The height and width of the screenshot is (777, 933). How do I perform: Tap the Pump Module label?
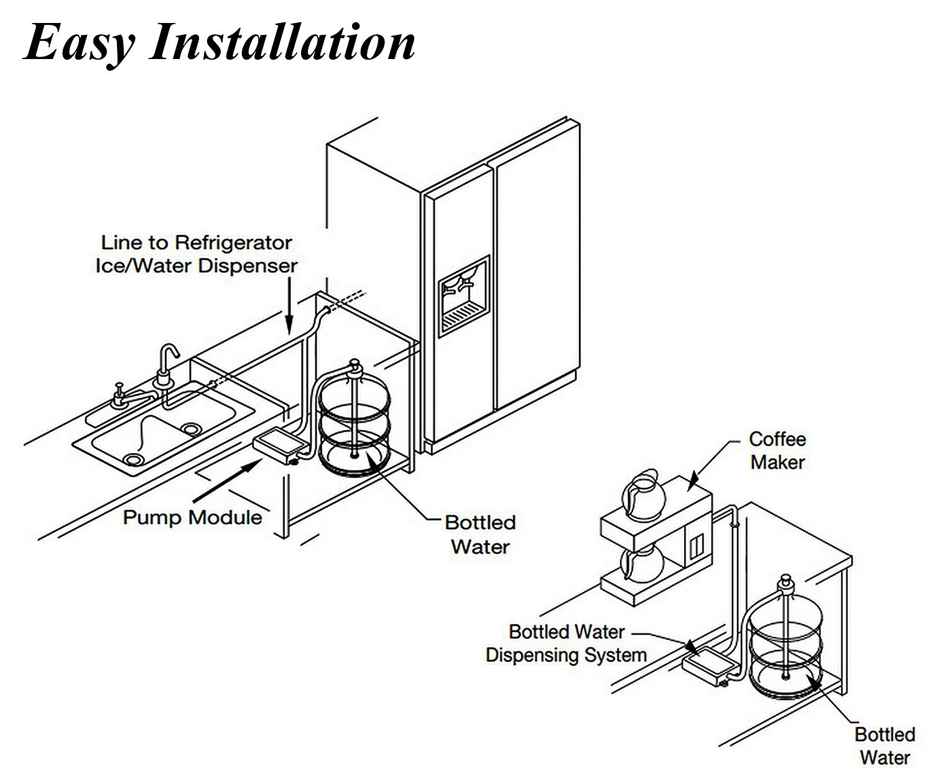coord(192,517)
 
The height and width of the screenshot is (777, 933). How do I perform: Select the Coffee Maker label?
coord(777,451)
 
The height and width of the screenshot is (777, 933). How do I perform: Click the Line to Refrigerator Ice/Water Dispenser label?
coord(197,254)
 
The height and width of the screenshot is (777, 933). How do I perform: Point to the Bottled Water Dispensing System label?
coord(566,643)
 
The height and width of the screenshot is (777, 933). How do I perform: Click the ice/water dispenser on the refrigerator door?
coord(464,295)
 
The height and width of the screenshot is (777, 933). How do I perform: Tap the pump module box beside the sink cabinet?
coord(279,445)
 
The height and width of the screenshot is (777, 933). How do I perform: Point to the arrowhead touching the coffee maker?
coord(692,479)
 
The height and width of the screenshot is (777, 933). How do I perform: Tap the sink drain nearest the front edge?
coord(132,459)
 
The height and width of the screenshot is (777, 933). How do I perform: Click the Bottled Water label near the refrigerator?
coord(480,535)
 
